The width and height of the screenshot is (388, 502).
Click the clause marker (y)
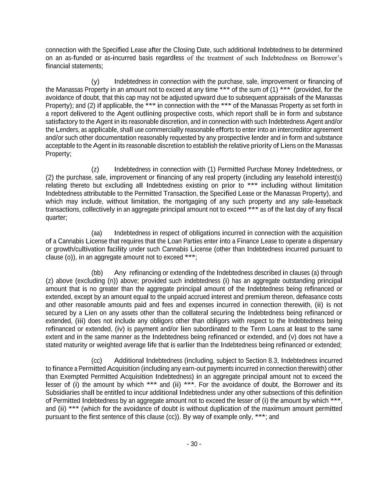click(x=95, y=82)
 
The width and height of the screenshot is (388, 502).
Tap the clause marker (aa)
click(x=96, y=233)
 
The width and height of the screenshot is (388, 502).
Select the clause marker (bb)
click(x=97, y=273)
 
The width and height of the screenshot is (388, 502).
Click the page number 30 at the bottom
click(x=194, y=444)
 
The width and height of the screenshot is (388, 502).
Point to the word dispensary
click(x=327, y=241)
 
